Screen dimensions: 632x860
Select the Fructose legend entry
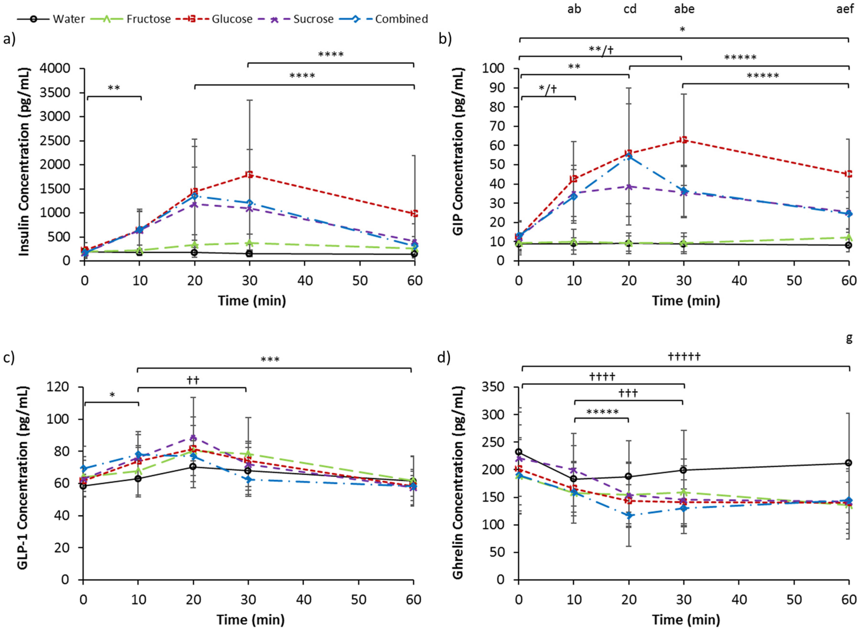(148, 19)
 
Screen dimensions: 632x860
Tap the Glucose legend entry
(232, 19)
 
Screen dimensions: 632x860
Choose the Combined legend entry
(401, 19)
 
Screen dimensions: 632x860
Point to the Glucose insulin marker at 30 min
(249, 174)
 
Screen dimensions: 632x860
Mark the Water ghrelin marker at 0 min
(519, 452)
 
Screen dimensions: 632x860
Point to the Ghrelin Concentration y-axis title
(458, 483)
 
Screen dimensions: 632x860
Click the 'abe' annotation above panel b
(684, 9)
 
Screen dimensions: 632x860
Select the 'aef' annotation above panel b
(845, 9)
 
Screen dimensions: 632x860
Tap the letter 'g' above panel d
(849, 338)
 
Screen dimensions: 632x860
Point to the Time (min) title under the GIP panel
(686, 301)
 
